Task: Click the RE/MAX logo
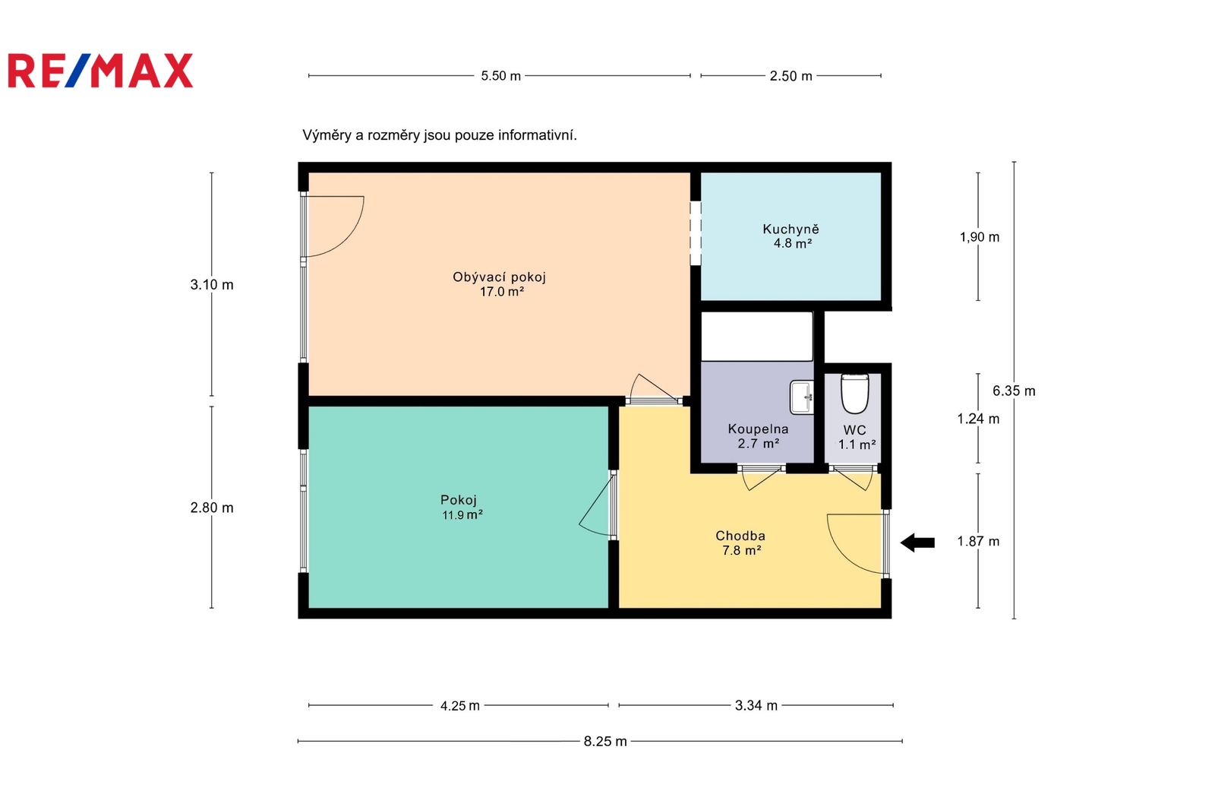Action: click(x=100, y=71)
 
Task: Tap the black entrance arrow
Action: click(x=917, y=543)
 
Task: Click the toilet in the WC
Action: click(x=854, y=394)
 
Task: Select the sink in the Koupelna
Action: click(x=802, y=397)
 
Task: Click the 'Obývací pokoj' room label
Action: click(x=499, y=277)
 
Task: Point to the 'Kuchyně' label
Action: click(x=791, y=229)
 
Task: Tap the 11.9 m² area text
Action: click(x=462, y=514)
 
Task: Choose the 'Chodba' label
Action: click(x=740, y=536)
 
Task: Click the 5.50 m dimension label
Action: click(x=500, y=76)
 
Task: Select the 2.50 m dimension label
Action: click(x=791, y=76)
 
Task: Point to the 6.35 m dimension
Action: click(x=1014, y=391)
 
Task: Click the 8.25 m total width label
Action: click(x=604, y=741)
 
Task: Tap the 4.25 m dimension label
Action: click(x=460, y=706)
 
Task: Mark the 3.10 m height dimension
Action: click(x=212, y=284)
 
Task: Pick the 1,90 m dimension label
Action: click(x=979, y=237)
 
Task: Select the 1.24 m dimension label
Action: click(x=978, y=419)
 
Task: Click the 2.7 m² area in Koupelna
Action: click(x=759, y=444)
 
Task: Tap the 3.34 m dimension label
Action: click(x=756, y=706)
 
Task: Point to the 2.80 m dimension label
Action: click(x=212, y=508)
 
